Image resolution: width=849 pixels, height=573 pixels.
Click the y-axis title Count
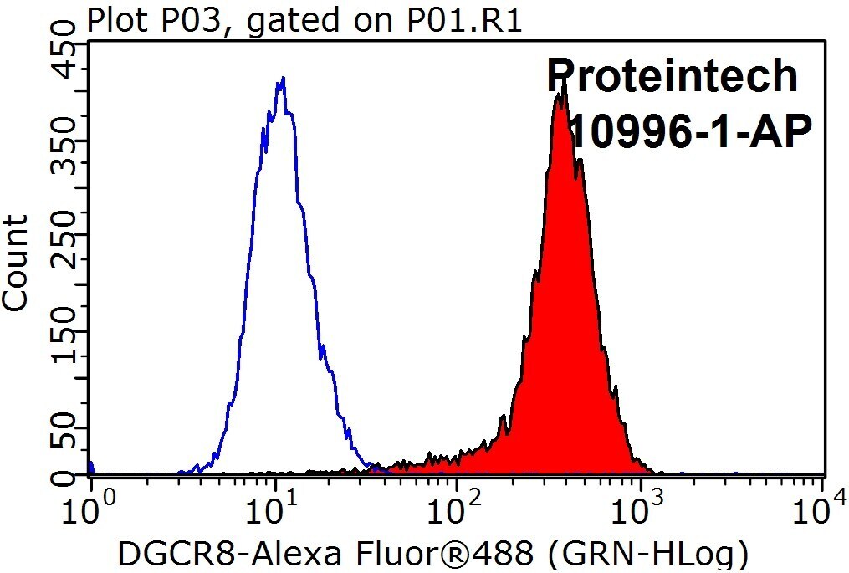click(15, 263)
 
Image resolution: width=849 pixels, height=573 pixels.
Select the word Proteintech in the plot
click(673, 76)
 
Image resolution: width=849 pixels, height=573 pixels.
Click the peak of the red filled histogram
click(564, 85)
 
